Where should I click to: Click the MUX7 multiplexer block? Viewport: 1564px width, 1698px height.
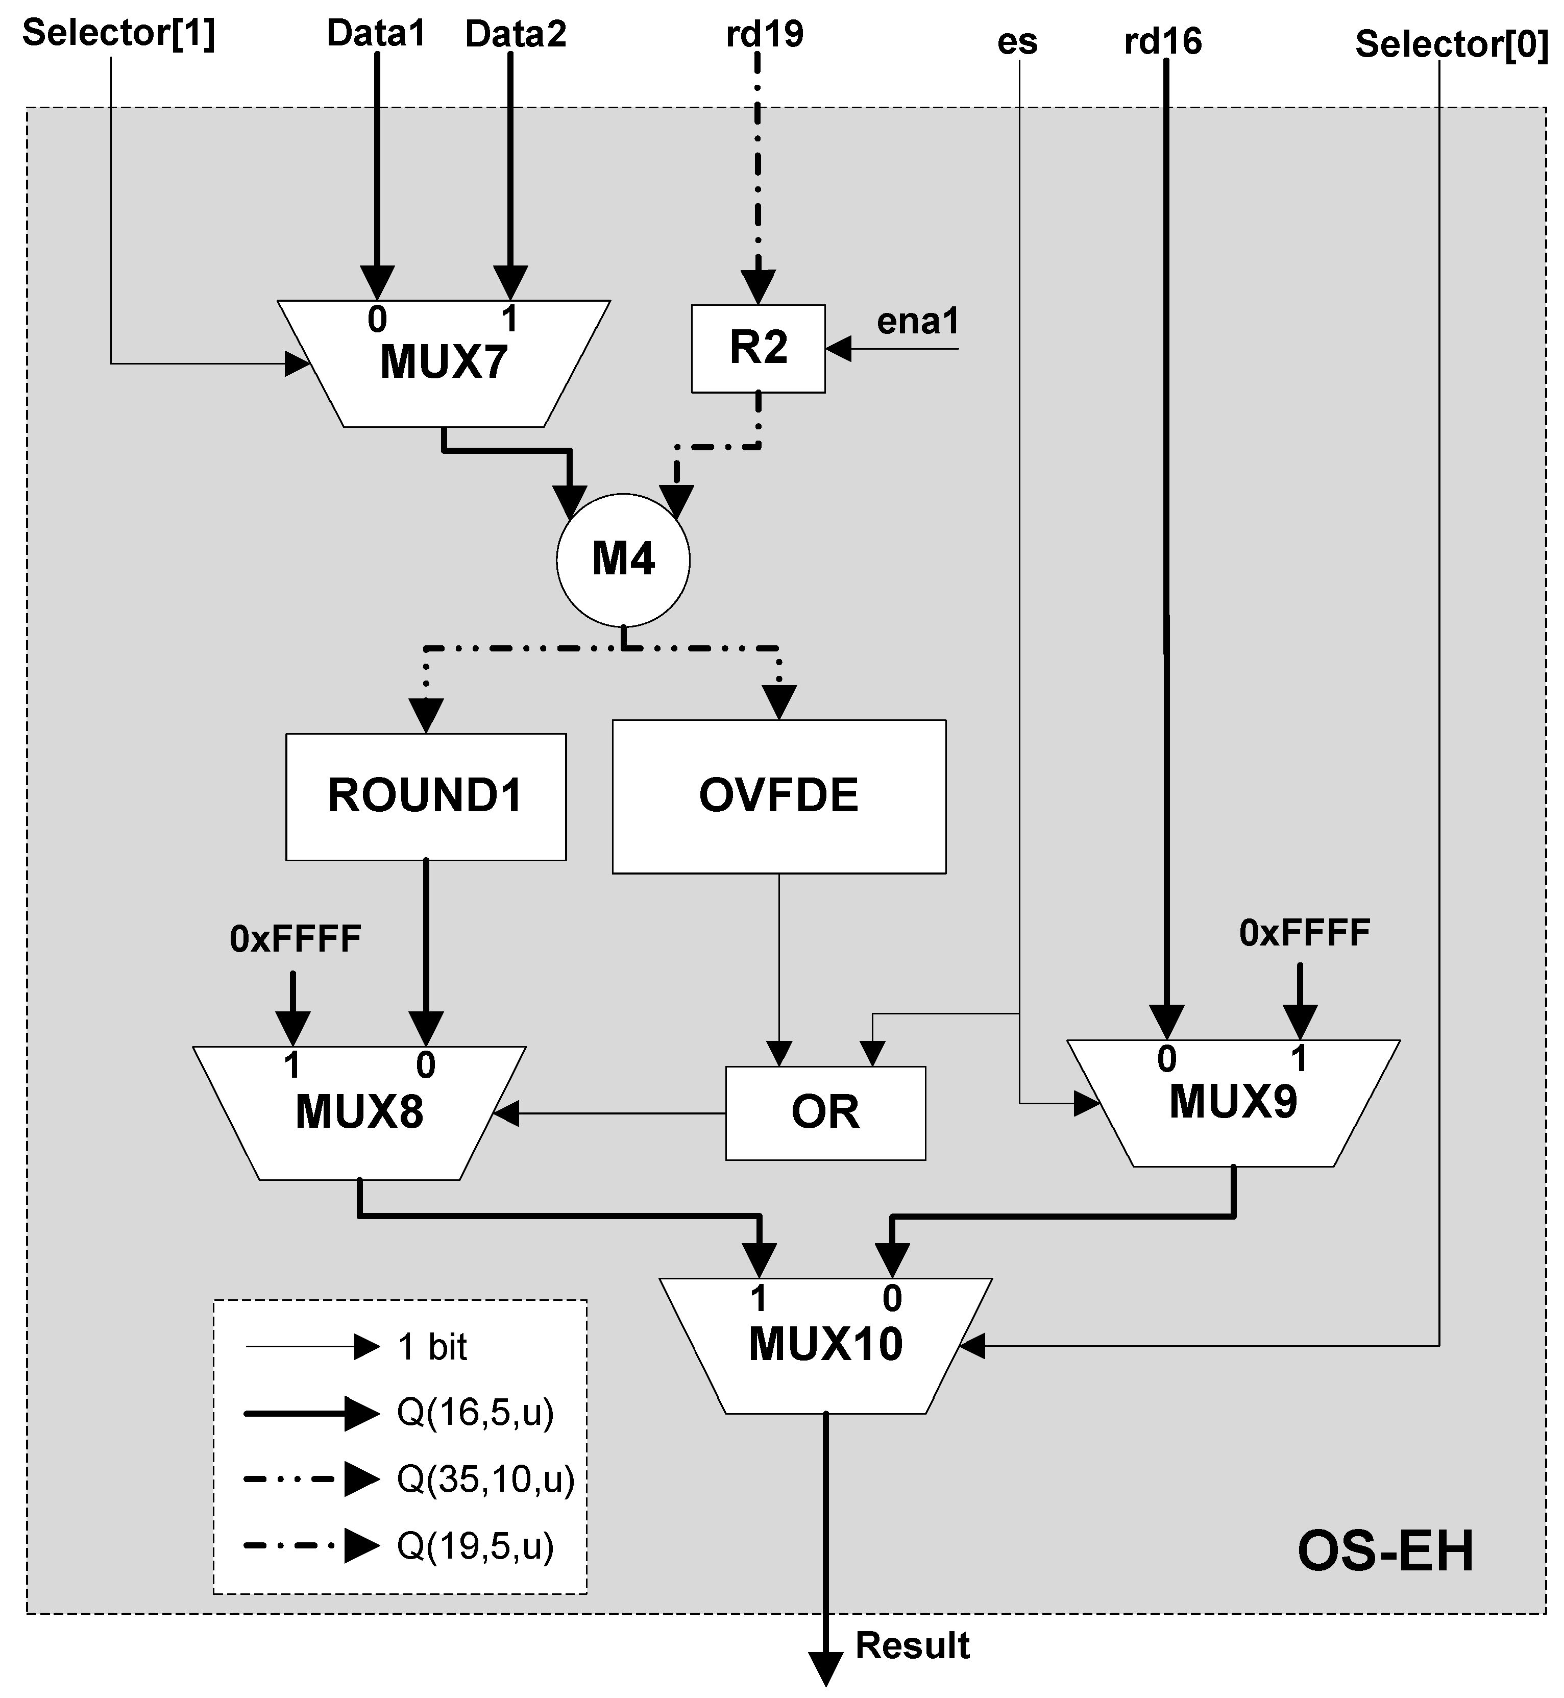point(444,363)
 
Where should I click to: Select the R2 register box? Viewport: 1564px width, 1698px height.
point(759,348)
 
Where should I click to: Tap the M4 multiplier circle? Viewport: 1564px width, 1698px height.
point(623,560)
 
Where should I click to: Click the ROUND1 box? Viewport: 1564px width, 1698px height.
point(426,796)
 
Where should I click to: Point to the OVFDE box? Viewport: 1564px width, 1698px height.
point(778,796)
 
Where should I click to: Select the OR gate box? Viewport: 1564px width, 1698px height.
point(825,1112)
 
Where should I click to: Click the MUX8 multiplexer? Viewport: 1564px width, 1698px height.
point(359,1113)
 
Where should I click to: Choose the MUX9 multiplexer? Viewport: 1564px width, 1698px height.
point(1233,1103)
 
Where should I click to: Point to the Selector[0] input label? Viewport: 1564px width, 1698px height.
point(1452,43)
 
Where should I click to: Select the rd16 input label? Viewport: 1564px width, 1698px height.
point(1163,41)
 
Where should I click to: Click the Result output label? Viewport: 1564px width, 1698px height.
point(912,1645)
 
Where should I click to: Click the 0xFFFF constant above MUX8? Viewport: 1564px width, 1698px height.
point(296,939)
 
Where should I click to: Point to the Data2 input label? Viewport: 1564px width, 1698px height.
point(516,34)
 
